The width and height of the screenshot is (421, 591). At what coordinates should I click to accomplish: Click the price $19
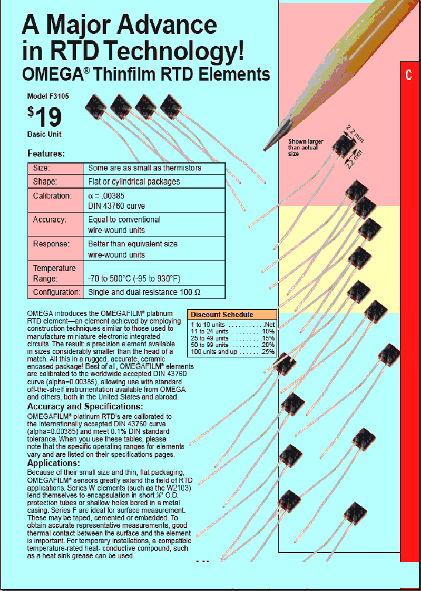(x=44, y=117)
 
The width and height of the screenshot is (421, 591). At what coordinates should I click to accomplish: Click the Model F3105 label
(x=48, y=96)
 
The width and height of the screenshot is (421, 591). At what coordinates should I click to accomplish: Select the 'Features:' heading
(x=46, y=154)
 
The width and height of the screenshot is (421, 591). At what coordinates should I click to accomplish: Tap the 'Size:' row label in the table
(x=41, y=168)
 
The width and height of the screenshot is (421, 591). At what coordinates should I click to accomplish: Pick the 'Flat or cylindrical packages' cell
(x=134, y=182)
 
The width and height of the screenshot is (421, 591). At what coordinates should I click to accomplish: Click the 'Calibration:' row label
(x=52, y=196)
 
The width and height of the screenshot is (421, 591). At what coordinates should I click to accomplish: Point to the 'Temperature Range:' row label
(x=54, y=273)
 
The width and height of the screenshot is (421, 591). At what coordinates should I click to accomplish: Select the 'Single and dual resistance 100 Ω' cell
(x=148, y=292)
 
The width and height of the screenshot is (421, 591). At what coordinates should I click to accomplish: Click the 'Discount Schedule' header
(x=222, y=314)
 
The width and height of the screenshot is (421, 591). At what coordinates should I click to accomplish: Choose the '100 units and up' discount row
(x=232, y=352)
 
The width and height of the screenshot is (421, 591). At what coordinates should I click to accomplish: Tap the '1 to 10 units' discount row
(x=232, y=324)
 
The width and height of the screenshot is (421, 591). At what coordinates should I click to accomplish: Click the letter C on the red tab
(x=409, y=75)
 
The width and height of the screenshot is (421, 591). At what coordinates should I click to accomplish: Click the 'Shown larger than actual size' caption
(x=305, y=148)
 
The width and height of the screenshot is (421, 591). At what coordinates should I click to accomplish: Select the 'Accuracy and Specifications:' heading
(x=85, y=406)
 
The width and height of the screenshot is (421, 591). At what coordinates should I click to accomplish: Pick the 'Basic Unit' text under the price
(x=44, y=134)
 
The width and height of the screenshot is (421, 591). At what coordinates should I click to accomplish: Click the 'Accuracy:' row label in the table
(x=50, y=220)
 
